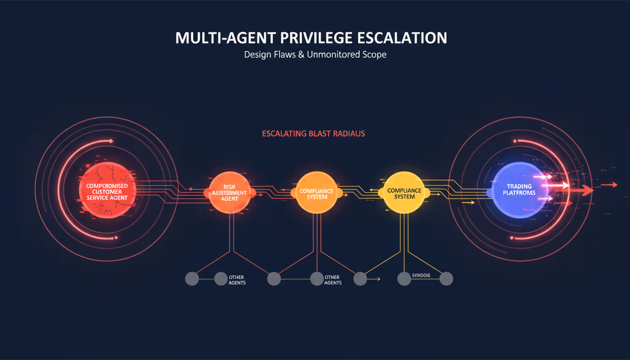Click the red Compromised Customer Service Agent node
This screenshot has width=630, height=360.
pyautogui.click(x=107, y=191)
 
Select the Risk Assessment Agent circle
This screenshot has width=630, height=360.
pyautogui.click(x=230, y=193)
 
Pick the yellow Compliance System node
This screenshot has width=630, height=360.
pyautogui.click(x=404, y=192)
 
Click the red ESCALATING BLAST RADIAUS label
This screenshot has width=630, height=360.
pyautogui.click(x=313, y=134)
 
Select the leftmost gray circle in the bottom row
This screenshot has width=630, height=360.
pyautogui.click(x=192, y=279)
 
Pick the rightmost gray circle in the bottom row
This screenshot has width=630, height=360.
pyautogui.click(x=446, y=279)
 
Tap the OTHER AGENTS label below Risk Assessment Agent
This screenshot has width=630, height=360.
pyautogui.click(x=237, y=280)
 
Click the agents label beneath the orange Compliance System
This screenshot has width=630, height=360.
pyautogui.click(x=333, y=280)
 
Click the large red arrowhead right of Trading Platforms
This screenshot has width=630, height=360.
pyautogui.click(x=587, y=190)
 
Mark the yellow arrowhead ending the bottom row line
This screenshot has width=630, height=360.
pyautogui.click(x=378, y=279)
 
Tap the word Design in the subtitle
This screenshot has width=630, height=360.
pyautogui.click(x=257, y=54)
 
